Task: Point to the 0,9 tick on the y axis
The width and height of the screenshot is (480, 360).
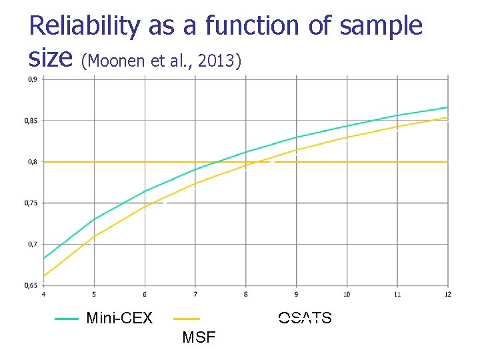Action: pos(31,79)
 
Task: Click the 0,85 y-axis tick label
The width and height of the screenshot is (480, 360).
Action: pos(31,121)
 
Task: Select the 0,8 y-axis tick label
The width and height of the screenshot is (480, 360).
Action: pos(31,162)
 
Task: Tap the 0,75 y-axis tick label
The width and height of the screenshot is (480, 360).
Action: pos(31,203)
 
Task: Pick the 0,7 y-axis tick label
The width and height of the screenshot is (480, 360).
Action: pos(31,244)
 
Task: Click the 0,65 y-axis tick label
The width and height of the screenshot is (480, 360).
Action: pos(31,285)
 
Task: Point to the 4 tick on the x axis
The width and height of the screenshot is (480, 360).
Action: pos(44,294)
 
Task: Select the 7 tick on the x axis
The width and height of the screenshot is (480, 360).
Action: pos(195,294)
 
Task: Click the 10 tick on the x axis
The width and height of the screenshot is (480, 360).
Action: pos(347,294)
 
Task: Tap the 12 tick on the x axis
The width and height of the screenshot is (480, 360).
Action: pos(447,294)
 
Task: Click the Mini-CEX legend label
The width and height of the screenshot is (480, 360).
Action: pos(119,319)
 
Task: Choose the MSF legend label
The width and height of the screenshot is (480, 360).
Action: pos(199,337)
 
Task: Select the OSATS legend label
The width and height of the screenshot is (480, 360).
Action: pos(305,318)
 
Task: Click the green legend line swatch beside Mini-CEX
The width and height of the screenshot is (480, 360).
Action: pos(67,319)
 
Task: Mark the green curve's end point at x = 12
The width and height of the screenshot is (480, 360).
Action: pos(447,107)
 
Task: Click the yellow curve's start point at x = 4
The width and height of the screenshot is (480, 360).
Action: pos(44,276)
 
